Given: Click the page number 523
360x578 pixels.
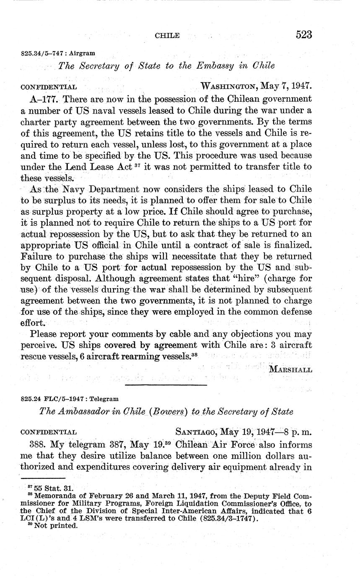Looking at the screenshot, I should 304,35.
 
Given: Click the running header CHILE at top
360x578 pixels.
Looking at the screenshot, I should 167,36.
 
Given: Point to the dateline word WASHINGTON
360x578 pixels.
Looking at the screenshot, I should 229,87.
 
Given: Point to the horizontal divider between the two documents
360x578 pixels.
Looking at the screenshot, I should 166,384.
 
